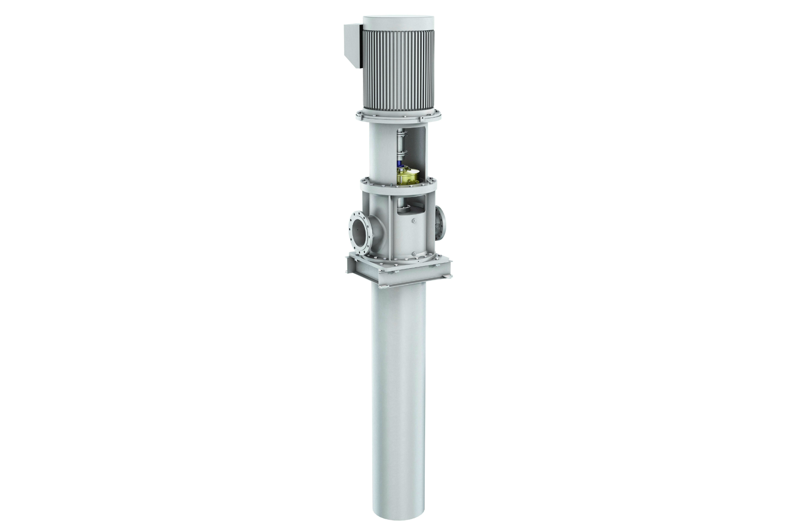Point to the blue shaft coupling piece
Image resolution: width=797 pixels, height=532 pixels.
pyautogui.click(x=400, y=163)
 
